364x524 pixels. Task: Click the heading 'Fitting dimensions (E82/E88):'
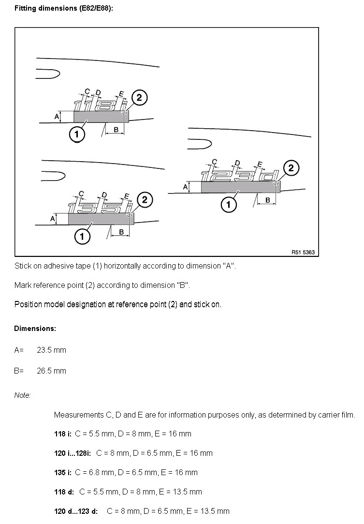[x=64, y=8]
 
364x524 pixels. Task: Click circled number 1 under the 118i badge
[x=77, y=134]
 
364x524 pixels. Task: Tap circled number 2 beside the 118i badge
[x=139, y=97]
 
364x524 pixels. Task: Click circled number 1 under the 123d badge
[x=229, y=205]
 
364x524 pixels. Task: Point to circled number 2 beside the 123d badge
[x=291, y=168]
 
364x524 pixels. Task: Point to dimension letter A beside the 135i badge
[x=52, y=219]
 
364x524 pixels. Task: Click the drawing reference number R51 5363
[x=303, y=252]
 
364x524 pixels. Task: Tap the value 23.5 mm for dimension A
[x=51, y=350]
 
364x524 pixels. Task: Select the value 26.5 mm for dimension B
[x=51, y=371]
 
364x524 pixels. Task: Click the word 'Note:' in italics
[x=22, y=395]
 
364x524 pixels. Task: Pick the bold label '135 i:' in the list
[x=63, y=472]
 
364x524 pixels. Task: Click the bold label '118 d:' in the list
[x=64, y=492]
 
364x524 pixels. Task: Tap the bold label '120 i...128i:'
[x=73, y=453]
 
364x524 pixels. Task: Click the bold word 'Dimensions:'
[x=35, y=329]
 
